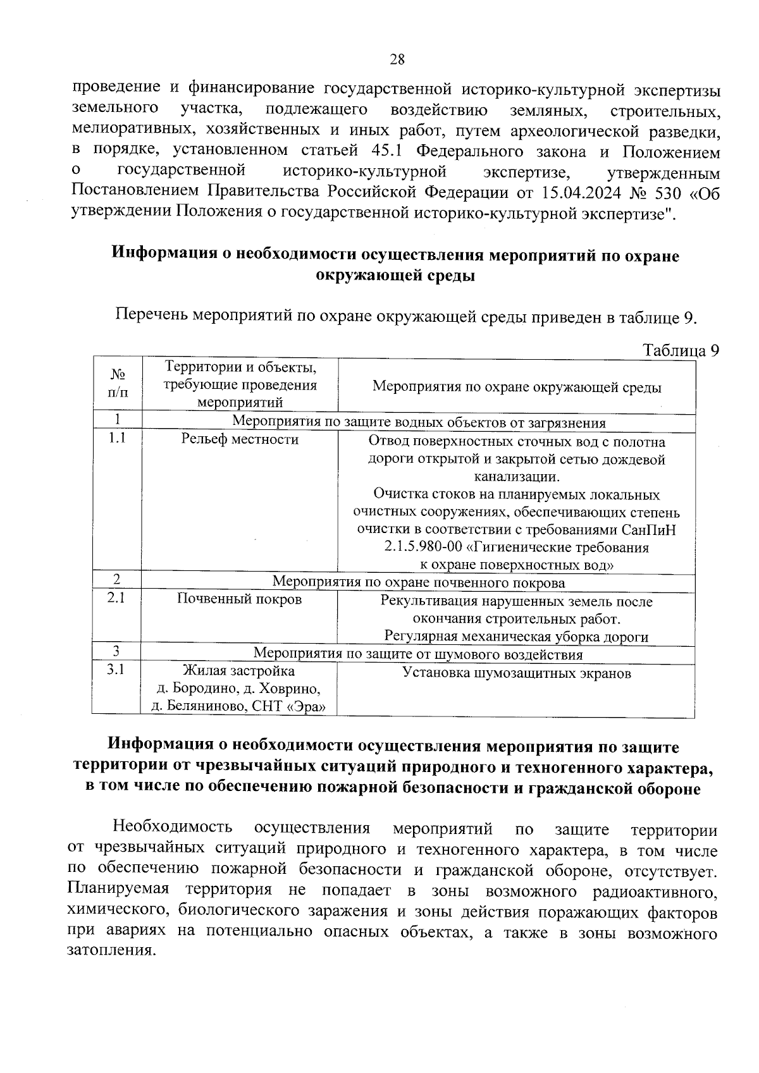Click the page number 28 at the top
pos(397,59)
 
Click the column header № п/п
pos(118,384)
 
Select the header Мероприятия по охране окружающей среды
pos(517,387)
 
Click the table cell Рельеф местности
pos(240,439)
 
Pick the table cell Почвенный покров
pos(239,599)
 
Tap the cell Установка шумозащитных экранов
pos(517,673)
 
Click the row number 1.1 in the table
pos(116,438)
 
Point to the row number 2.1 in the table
pos(116,598)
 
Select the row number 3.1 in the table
pos(116,670)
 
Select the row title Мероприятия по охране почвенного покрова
pos(418,582)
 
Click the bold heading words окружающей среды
pos(395,276)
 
